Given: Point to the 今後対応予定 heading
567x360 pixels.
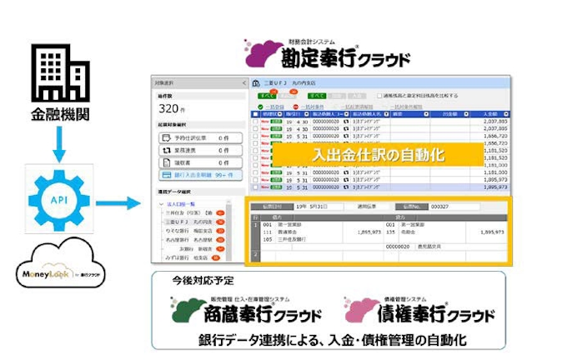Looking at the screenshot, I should coord(192,282).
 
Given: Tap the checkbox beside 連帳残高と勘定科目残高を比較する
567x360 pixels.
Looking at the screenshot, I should coord(379,96).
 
